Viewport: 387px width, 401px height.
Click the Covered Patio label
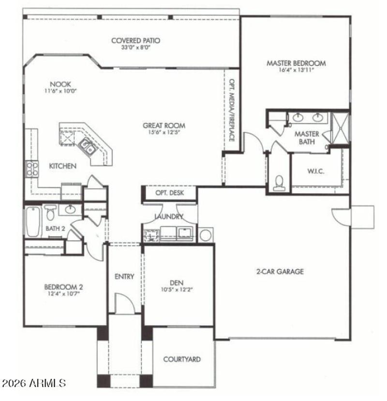[x=135, y=41]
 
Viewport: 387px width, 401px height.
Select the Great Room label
[x=164, y=126]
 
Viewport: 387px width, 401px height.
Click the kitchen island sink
[x=88, y=145]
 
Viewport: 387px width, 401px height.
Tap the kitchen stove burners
[x=31, y=169]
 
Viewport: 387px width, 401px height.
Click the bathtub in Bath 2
[x=32, y=222]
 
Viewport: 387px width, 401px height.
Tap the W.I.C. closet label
[x=315, y=171]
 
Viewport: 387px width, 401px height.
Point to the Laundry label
[x=168, y=216]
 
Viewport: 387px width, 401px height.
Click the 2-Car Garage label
[x=280, y=272]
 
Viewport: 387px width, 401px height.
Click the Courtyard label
[x=181, y=359]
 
